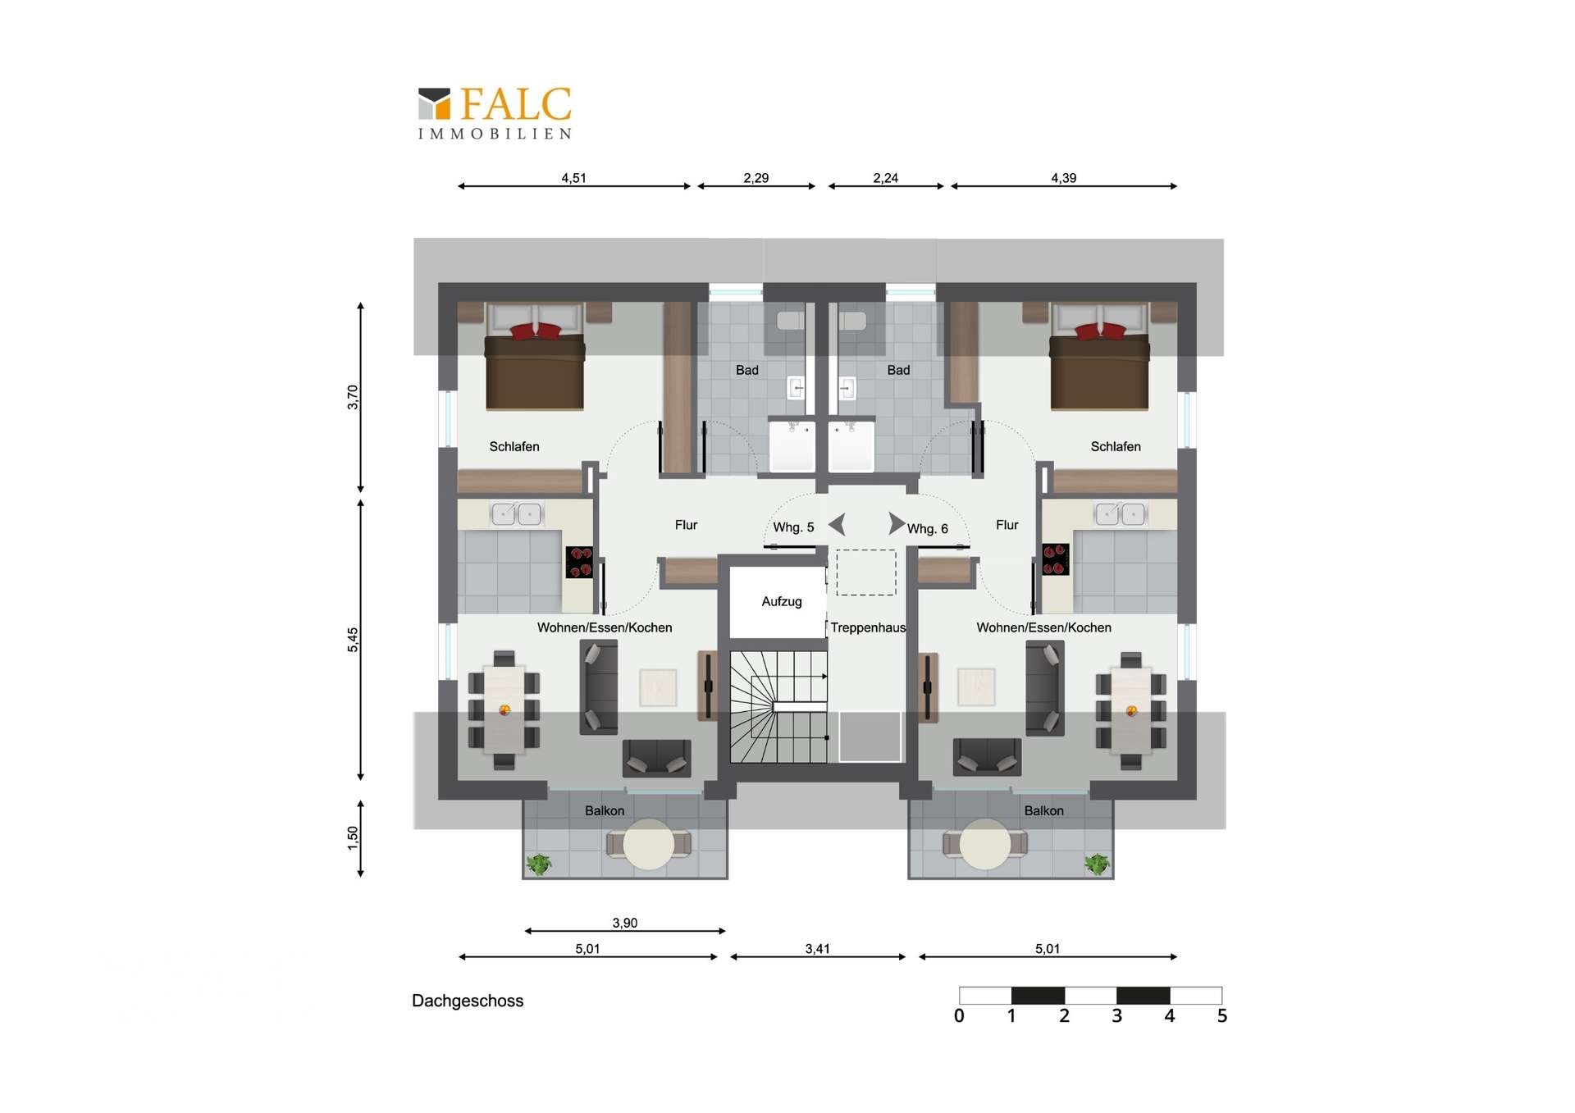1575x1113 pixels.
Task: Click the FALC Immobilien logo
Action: coord(495,113)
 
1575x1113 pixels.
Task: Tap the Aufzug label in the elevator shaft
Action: coord(782,601)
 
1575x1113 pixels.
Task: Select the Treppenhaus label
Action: coord(868,627)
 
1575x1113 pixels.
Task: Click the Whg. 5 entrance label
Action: coord(793,527)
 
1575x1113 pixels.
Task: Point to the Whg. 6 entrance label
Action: coord(928,529)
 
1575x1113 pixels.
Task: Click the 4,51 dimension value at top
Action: coord(573,178)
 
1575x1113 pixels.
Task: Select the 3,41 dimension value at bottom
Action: coord(817,949)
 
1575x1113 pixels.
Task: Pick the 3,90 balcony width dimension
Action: coord(625,923)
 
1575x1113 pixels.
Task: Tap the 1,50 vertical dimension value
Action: coord(353,838)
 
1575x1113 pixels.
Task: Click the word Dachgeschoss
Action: coord(468,1001)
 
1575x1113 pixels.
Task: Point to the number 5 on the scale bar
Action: coord(1222,1016)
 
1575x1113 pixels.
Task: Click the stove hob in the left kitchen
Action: coord(580,563)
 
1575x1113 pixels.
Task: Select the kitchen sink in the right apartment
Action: coord(1121,514)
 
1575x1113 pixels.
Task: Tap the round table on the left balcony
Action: coord(649,844)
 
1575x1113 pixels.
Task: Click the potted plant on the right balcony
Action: coord(1097,864)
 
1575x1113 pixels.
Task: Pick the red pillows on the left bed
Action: coord(536,331)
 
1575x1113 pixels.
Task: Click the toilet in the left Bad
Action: coord(791,321)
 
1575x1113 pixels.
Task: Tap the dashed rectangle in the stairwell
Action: coord(866,572)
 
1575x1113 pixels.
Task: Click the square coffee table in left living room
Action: coord(658,687)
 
